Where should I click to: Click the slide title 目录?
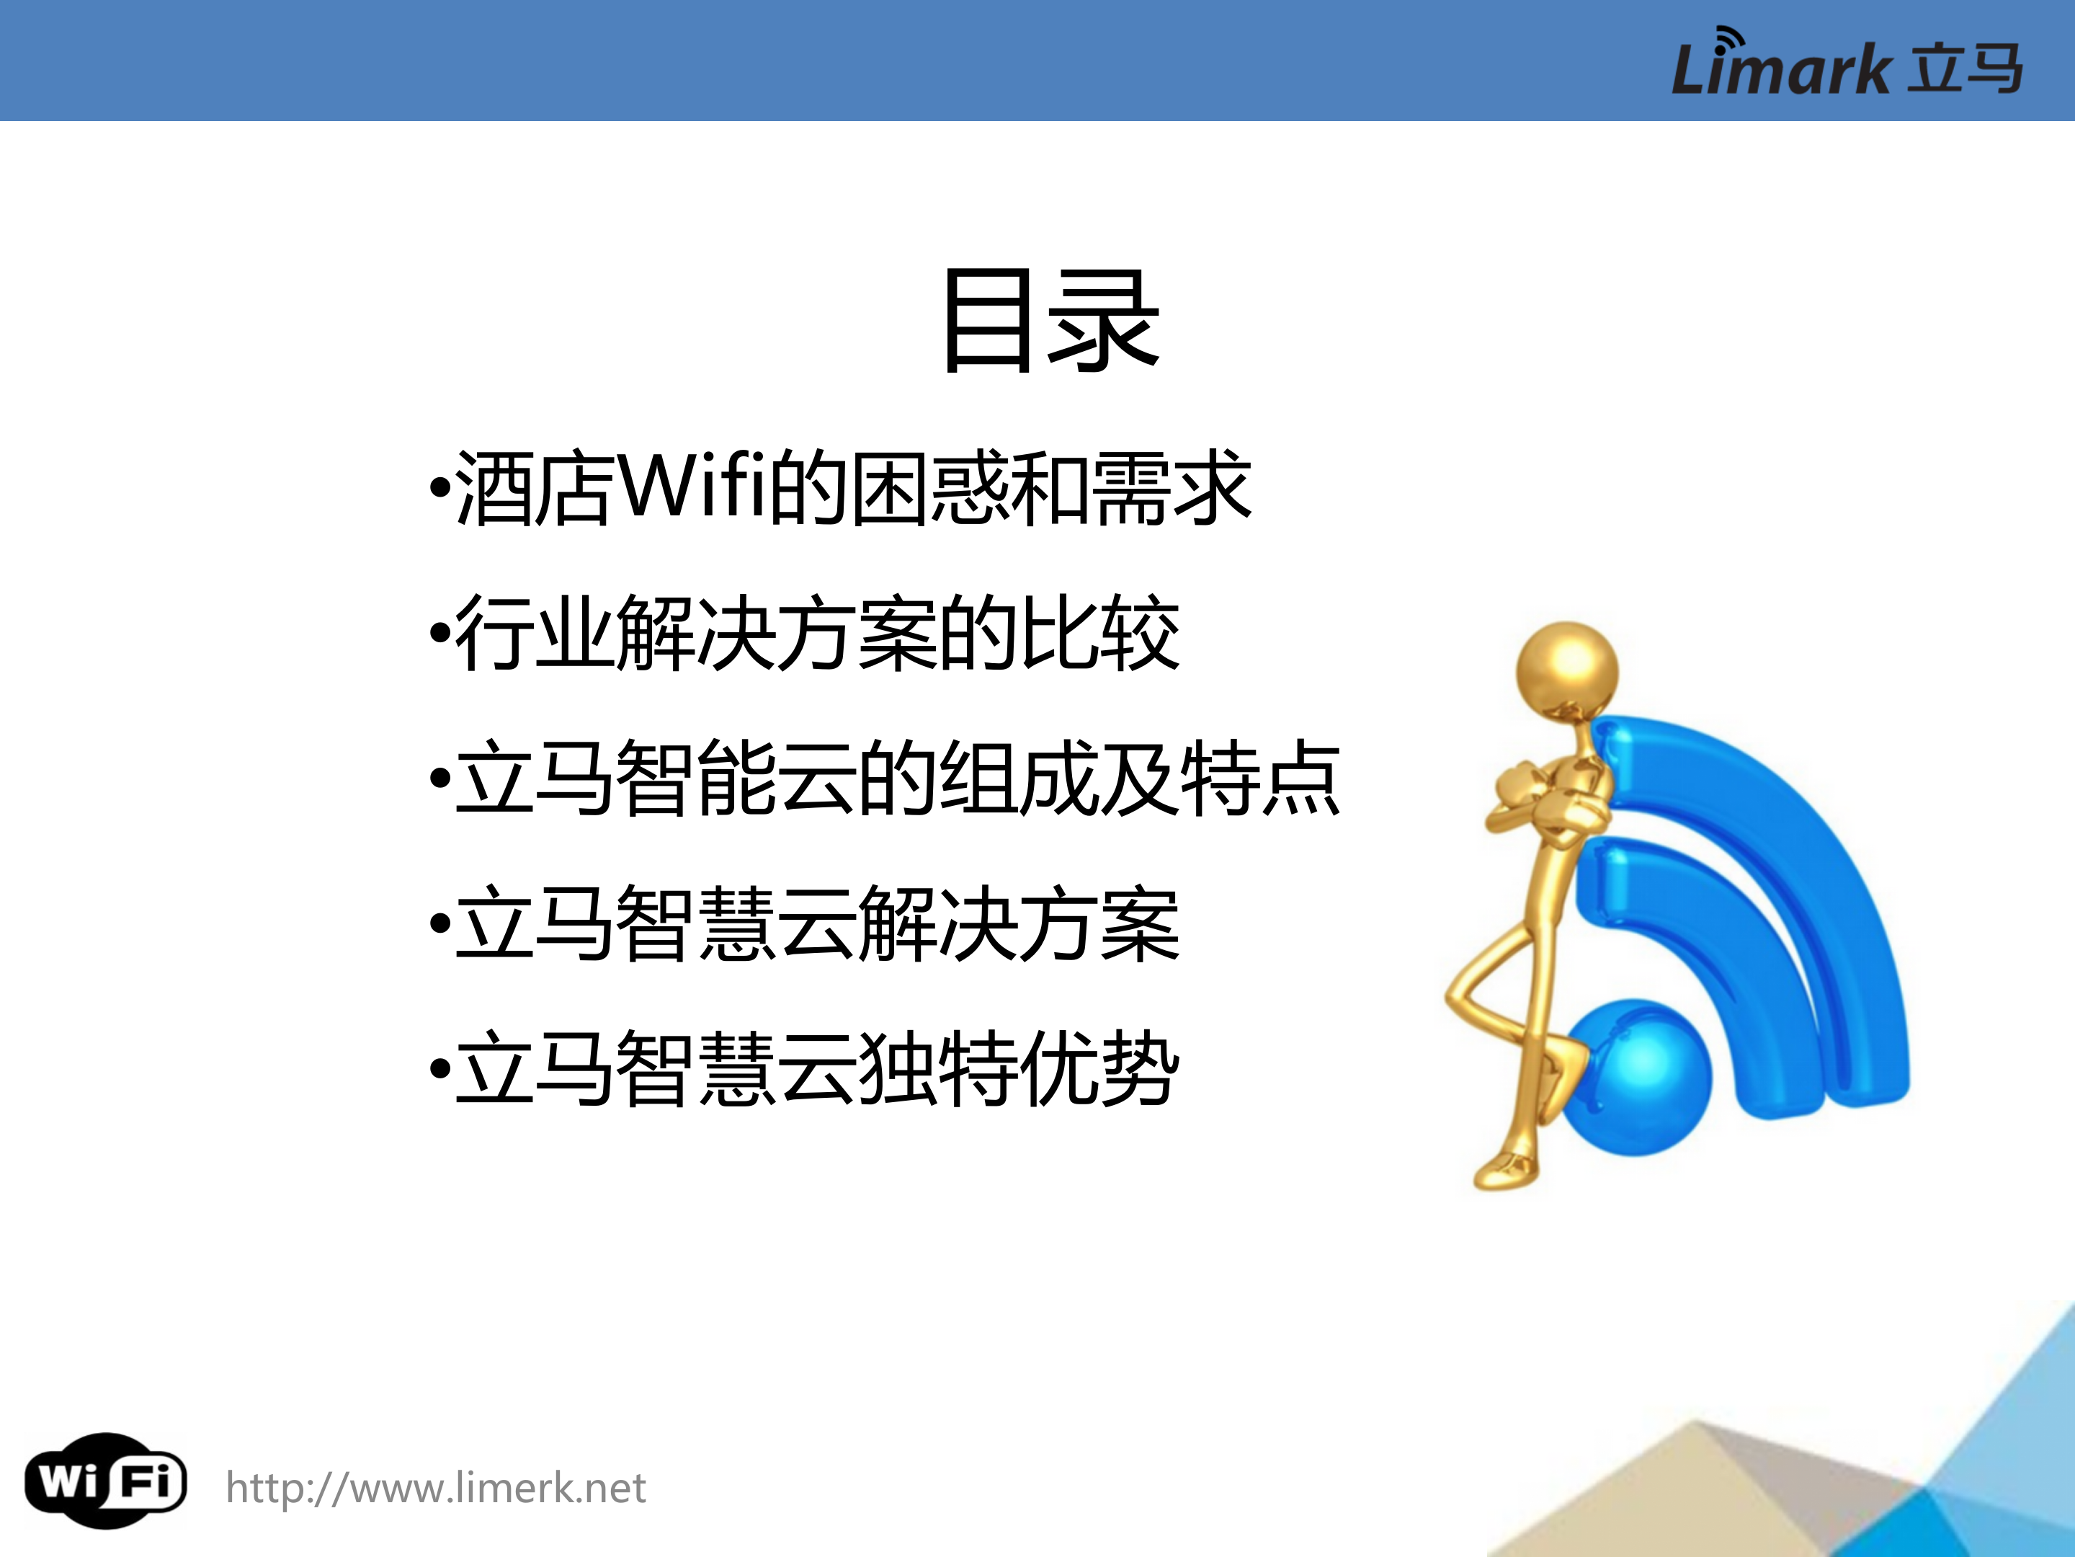pyautogui.click(x=1050, y=321)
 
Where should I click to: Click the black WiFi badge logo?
pyautogui.click(x=105, y=1482)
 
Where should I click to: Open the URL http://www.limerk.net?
pyautogui.click(x=436, y=1489)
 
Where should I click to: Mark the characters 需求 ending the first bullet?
pyautogui.click(x=1172, y=488)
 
